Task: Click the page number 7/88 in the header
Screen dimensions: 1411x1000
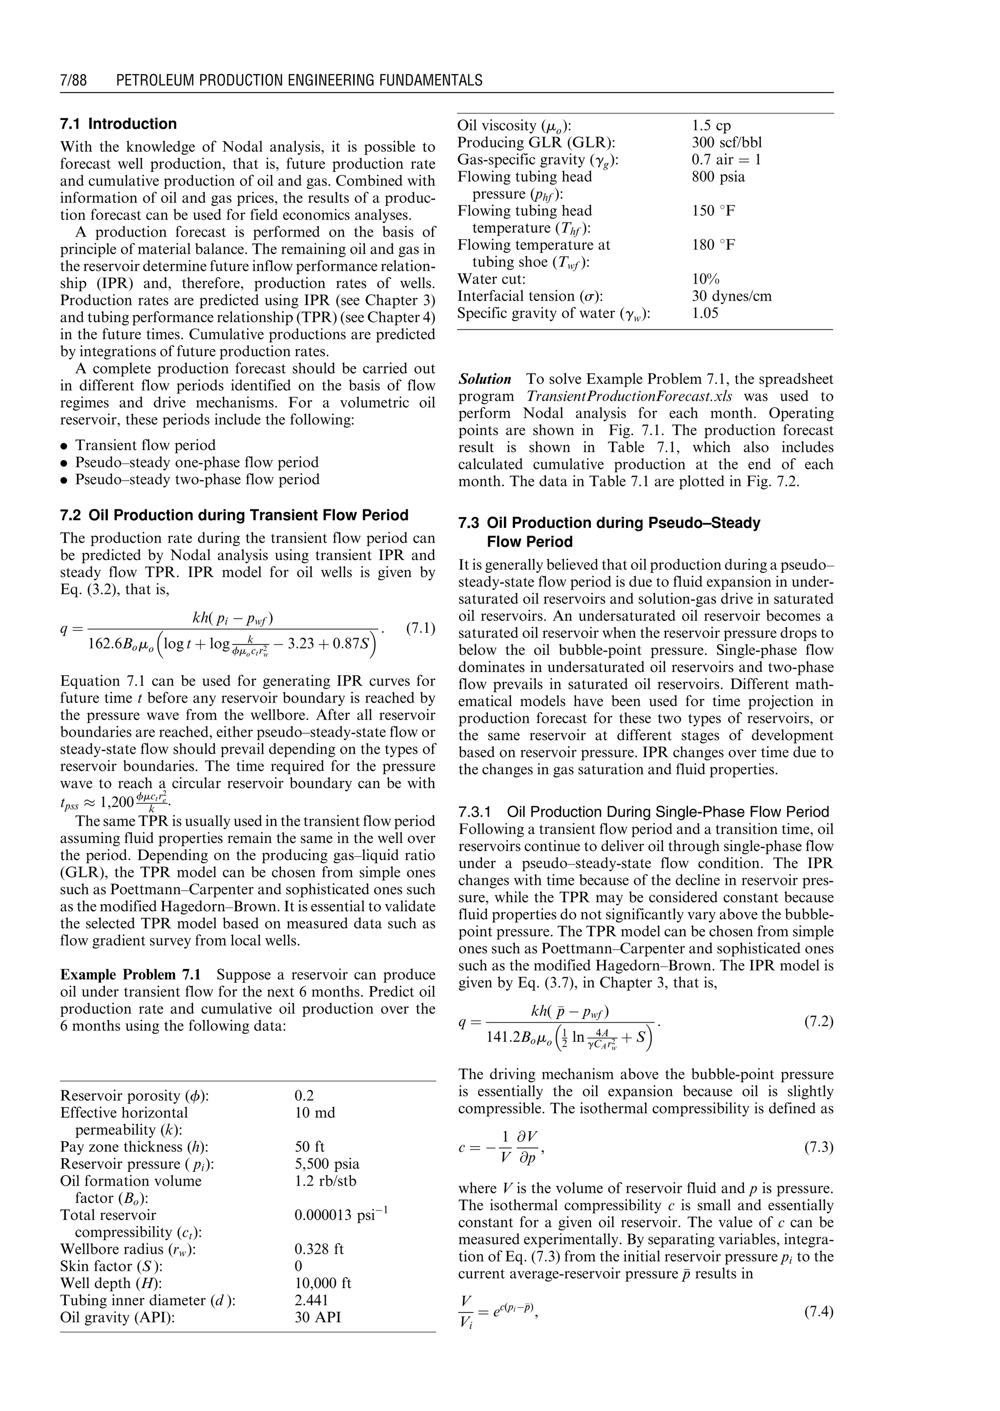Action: (x=73, y=81)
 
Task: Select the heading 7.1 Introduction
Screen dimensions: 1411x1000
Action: (x=118, y=124)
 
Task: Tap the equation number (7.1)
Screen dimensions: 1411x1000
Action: (x=420, y=628)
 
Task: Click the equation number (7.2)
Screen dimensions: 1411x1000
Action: (x=818, y=1022)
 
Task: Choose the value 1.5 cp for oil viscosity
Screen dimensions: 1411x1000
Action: (x=711, y=125)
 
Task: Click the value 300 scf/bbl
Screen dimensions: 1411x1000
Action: (x=727, y=143)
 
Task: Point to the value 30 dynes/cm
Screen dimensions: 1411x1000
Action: (x=731, y=297)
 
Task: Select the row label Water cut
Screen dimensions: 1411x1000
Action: (x=491, y=280)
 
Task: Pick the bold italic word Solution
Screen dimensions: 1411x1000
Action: (x=484, y=379)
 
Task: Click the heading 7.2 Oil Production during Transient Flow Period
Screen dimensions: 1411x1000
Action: (x=234, y=516)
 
